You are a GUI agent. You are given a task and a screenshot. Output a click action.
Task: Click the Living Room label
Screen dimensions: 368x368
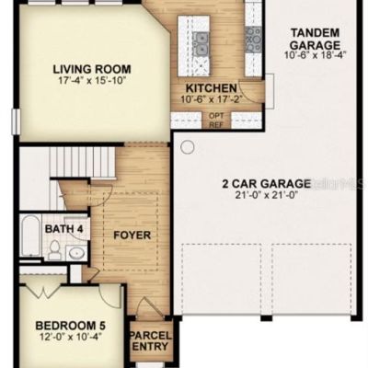point(92,69)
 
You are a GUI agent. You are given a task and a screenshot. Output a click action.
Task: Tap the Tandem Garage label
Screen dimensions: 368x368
point(315,39)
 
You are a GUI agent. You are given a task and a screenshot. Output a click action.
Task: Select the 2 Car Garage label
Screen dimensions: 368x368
point(266,184)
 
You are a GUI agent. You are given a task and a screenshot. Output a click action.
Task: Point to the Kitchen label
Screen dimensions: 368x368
point(212,88)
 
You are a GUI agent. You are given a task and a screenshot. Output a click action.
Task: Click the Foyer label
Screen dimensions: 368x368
point(132,236)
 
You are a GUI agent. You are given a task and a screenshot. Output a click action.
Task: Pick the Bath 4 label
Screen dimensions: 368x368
point(63,229)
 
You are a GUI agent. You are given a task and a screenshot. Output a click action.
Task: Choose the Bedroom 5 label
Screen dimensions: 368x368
point(71,326)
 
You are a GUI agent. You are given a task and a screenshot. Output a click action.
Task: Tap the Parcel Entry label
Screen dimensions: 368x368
point(150,340)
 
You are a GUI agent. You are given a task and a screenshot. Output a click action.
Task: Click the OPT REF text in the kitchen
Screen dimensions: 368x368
point(216,121)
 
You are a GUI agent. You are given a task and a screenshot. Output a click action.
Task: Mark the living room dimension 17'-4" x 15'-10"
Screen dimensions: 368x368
point(92,80)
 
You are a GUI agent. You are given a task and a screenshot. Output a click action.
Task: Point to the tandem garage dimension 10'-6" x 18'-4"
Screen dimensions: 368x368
point(315,54)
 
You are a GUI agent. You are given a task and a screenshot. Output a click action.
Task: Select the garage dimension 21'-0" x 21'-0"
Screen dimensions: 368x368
point(267,195)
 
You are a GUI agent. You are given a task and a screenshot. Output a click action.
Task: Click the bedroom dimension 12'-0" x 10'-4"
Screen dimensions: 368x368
point(71,337)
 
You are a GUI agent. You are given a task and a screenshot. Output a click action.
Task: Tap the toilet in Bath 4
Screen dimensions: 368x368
point(54,250)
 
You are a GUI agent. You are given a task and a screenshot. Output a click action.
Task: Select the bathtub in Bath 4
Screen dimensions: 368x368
point(30,236)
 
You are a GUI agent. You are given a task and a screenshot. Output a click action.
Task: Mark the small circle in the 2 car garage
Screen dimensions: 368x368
point(188,147)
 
